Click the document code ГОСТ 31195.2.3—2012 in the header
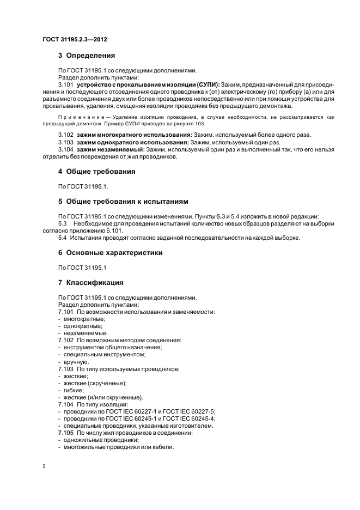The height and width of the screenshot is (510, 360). [x=75, y=40]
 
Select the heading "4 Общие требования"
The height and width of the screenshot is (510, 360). [x=97, y=172]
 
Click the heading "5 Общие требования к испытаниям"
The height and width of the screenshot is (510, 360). [x=123, y=202]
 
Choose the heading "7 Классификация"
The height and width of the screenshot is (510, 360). [x=90, y=283]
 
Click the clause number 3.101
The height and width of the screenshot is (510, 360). [x=65, y=86]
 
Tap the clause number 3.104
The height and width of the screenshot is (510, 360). [x=65, y=149]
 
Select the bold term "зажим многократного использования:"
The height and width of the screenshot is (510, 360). [x=133, y=135]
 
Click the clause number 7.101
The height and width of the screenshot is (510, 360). [x=66, y=312]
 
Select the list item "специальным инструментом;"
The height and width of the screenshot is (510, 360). [x=104, y=355]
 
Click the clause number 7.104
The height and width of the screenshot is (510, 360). [x=66, y=405]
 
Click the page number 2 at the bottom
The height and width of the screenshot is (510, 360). [x=44, y=466]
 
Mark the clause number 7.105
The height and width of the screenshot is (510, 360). [x=66, y=433]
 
